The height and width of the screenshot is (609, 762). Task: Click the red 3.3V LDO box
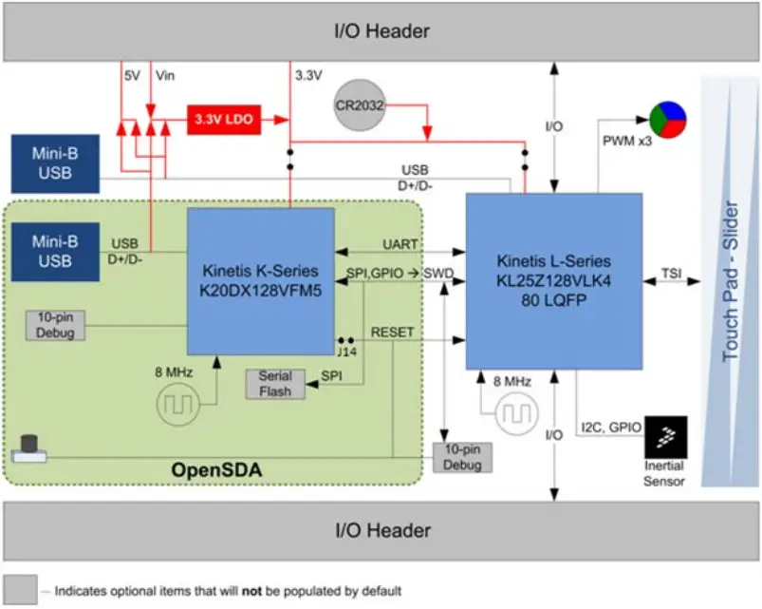(223, 120)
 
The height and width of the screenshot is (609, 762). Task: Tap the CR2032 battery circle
(360, 106)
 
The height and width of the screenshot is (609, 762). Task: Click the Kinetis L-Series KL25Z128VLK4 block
(553, 281)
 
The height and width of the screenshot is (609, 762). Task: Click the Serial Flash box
(274, 384)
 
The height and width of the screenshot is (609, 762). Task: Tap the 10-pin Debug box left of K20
(54, 325)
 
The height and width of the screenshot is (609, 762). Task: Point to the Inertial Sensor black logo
(666, 437)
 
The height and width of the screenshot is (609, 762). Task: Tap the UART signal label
(400, 244)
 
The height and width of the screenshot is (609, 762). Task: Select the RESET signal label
(392, 333)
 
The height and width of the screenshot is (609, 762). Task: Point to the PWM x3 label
(624, 141)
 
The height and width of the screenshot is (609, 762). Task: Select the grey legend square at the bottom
(20, 589)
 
